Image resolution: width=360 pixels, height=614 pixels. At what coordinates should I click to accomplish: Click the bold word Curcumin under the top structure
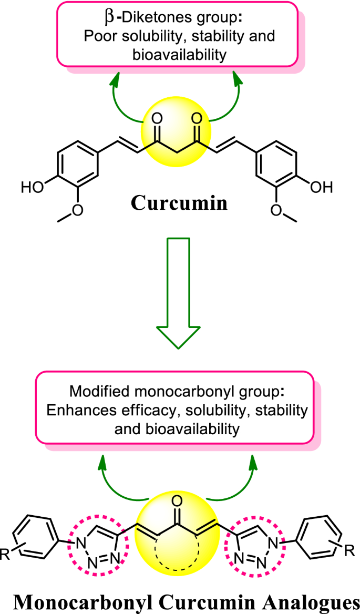pos(179,202)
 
